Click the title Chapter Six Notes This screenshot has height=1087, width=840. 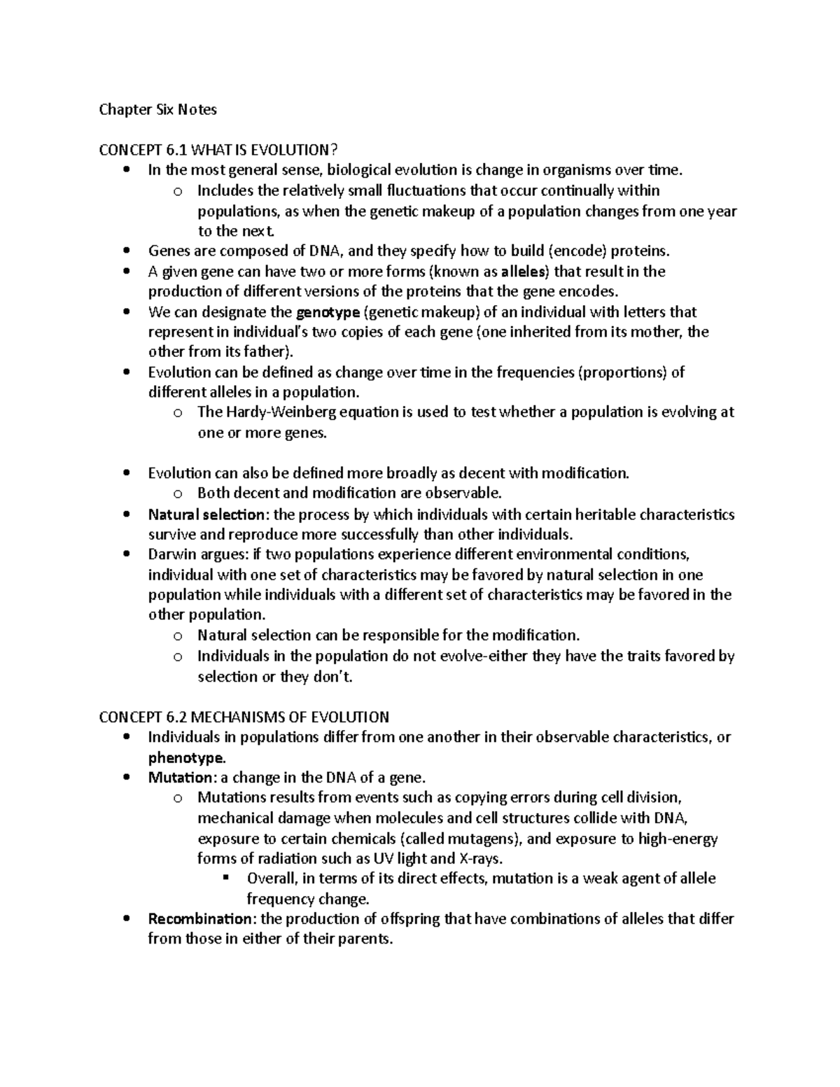157,109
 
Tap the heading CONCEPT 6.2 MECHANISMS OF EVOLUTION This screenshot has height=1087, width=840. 244,717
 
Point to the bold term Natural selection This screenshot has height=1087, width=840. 206,515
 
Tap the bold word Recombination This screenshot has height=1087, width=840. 199,919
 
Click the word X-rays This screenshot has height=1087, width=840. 479,859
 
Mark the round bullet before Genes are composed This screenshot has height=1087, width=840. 126,251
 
